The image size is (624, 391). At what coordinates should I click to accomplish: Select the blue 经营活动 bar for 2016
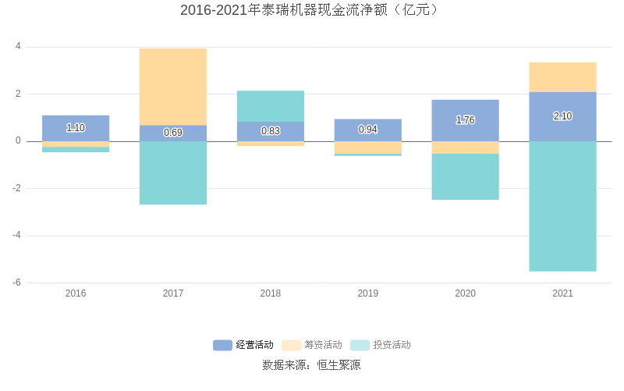(x=76, y=128)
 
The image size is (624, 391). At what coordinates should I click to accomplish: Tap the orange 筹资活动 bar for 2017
(x=173, y=87)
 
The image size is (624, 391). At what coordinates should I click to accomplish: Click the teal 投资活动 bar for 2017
(x=173, y=172)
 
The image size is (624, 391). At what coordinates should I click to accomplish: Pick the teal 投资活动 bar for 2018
(x=271, y=106)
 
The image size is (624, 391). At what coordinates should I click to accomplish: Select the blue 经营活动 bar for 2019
(x=368, y=130)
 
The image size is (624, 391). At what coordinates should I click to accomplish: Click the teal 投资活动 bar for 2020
(x=465, y=176)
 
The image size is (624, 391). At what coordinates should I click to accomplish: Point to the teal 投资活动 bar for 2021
(x=562, y=206)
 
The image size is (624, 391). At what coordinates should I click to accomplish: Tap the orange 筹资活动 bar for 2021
(x=562, y=77)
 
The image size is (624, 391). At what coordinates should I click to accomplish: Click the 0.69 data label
(x=173, y=133)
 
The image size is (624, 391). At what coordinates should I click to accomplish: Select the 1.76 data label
(x=465, y=120)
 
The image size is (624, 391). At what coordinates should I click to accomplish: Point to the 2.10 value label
(x=562, y=116)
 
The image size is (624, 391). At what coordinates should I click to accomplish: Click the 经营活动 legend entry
(x=243, y=345)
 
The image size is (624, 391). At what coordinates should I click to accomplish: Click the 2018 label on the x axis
(x=271, y=293)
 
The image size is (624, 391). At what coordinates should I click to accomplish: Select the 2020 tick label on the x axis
(x=465, y=293)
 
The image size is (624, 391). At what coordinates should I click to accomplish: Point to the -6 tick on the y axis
(x=16, y=283)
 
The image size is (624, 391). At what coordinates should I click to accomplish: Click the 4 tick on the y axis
(x=18, y=47)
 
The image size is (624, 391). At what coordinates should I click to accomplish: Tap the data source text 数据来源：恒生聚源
(x=311, y=364)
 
